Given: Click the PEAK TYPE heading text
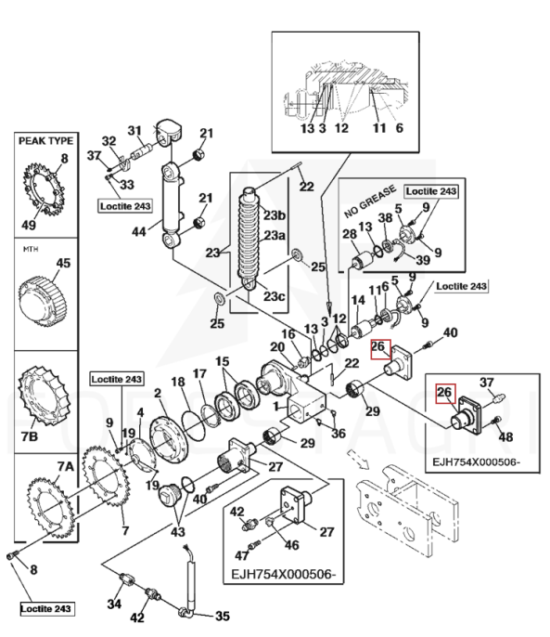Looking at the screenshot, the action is (x=45, y=141).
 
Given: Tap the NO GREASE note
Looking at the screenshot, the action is (x=370, y=201).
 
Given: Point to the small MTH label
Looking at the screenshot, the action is (x=31, y=249).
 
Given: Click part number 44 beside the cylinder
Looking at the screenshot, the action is (x=139, y=232).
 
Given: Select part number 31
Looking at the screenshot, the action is (x=134, y=131).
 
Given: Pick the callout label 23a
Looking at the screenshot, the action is (x=275, y=235).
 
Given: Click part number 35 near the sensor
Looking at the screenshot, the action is (x=222, y=616).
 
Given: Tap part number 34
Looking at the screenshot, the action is (x=114, y=604).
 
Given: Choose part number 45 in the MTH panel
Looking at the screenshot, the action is (x=63, y=264).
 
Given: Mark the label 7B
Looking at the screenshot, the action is (x=30, y=436).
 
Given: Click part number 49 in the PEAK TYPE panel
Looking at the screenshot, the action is (x=29, y=225).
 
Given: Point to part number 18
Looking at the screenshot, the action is (x=178, y=382).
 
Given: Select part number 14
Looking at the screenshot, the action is (x=358, y=301).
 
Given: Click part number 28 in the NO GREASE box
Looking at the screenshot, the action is (x=350, y=234).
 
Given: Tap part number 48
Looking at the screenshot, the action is (x=505, y=436).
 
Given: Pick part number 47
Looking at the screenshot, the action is (x=242, y=554).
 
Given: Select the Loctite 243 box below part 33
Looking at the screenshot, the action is (x=125, y=206).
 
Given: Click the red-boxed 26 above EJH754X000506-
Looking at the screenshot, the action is (x=444, y=393).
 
